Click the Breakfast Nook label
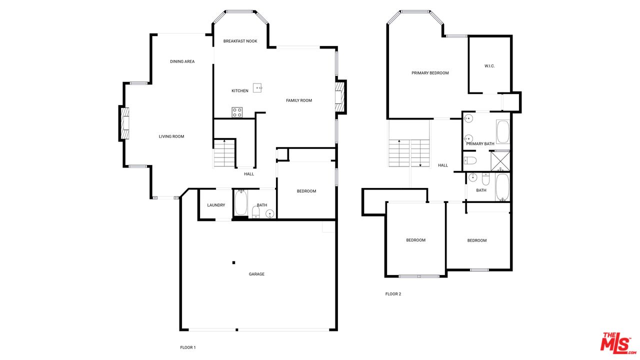coord(240,41)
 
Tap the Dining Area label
coord(182,61)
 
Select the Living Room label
coord(171,136)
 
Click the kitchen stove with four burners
coord(237,112)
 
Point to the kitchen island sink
coord(257,88)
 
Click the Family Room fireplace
coord(340,96)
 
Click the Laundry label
coord(216,205)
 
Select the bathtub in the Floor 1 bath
coord(241,203)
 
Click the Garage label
coord(256,274)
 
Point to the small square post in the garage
coord(233,262)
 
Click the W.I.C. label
coord(489,66)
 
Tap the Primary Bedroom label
coord(430,73)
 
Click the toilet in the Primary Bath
coord(470,160)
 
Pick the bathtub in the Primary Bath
coord(502,132)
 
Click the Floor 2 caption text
coord(393,294)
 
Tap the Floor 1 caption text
coord(188,347)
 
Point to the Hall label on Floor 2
coord(443,165)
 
